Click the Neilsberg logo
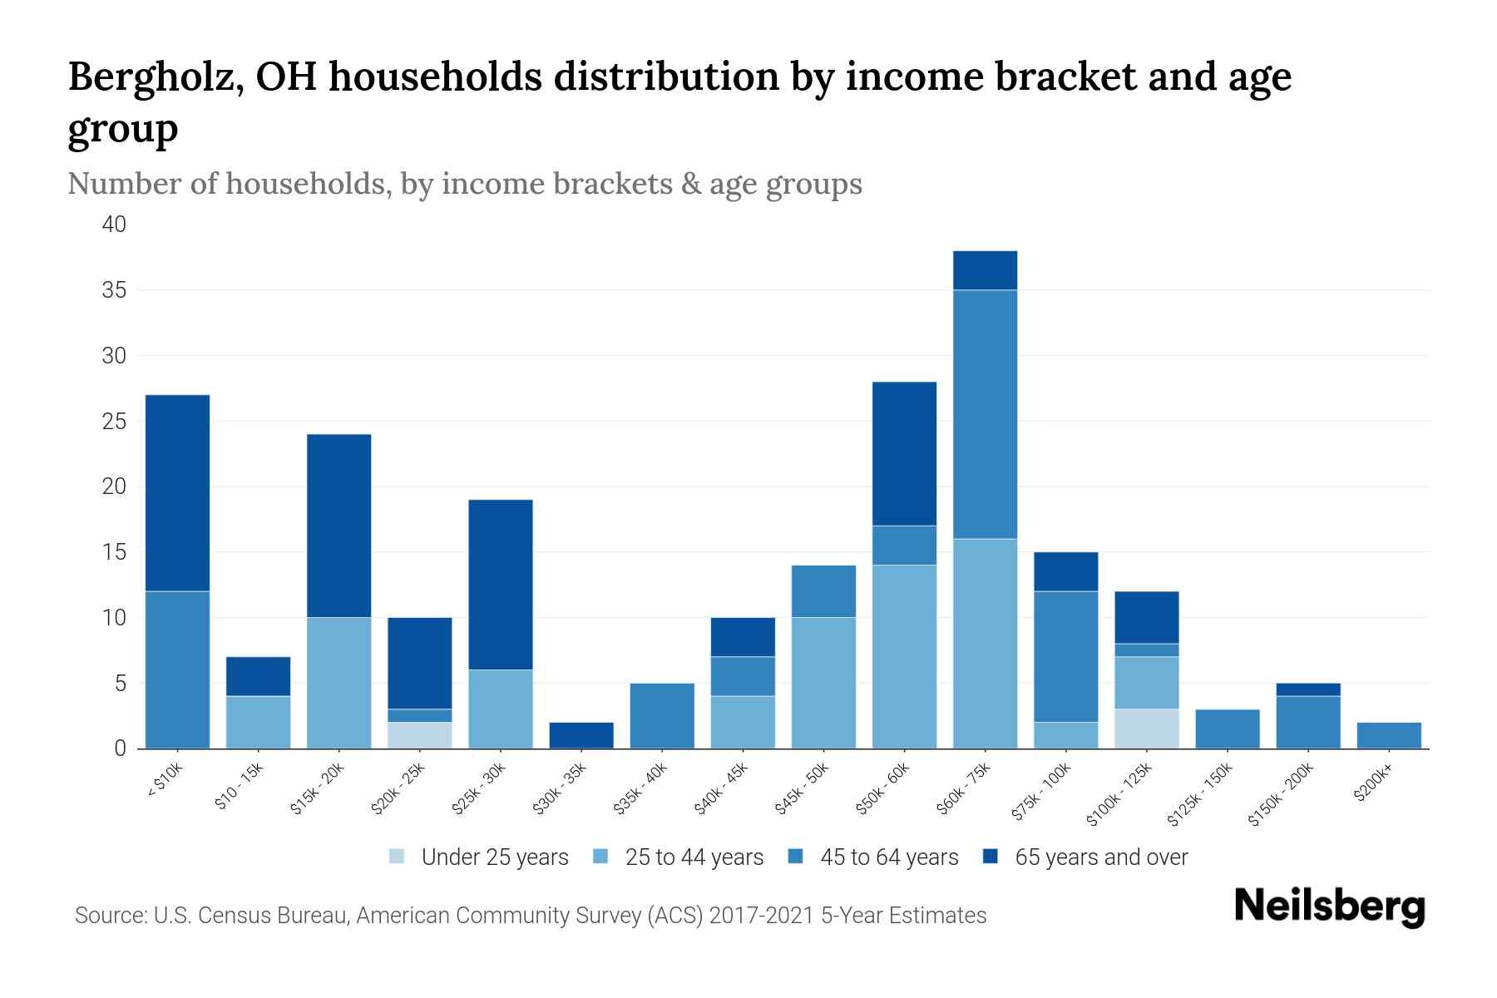point(1329,907)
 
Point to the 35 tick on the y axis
point(115,290)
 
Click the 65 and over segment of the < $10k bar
point(177,492)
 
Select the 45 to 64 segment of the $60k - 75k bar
point(985,414)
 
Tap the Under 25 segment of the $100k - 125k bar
point(1147,729)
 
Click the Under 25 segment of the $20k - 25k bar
point(420,735)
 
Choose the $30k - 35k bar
point(581,735)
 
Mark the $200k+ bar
point(1389,735)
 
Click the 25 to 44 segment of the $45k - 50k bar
point(823,682)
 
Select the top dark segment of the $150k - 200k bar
point(1308,689)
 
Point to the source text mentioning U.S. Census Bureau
point(531,916)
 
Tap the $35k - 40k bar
point(662,715)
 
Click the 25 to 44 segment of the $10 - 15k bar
point(259,722)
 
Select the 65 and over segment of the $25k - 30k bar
point(501,584)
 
